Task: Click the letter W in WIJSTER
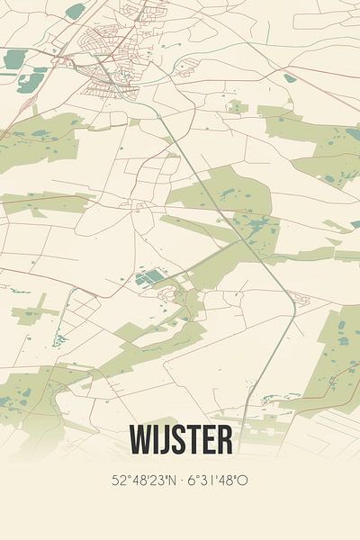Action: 141,441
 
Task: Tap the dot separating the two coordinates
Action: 180,481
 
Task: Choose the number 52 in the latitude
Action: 119,481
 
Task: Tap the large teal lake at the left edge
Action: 14,59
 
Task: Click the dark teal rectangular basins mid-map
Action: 149,277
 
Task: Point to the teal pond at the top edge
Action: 76,11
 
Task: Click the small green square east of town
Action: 236,107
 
